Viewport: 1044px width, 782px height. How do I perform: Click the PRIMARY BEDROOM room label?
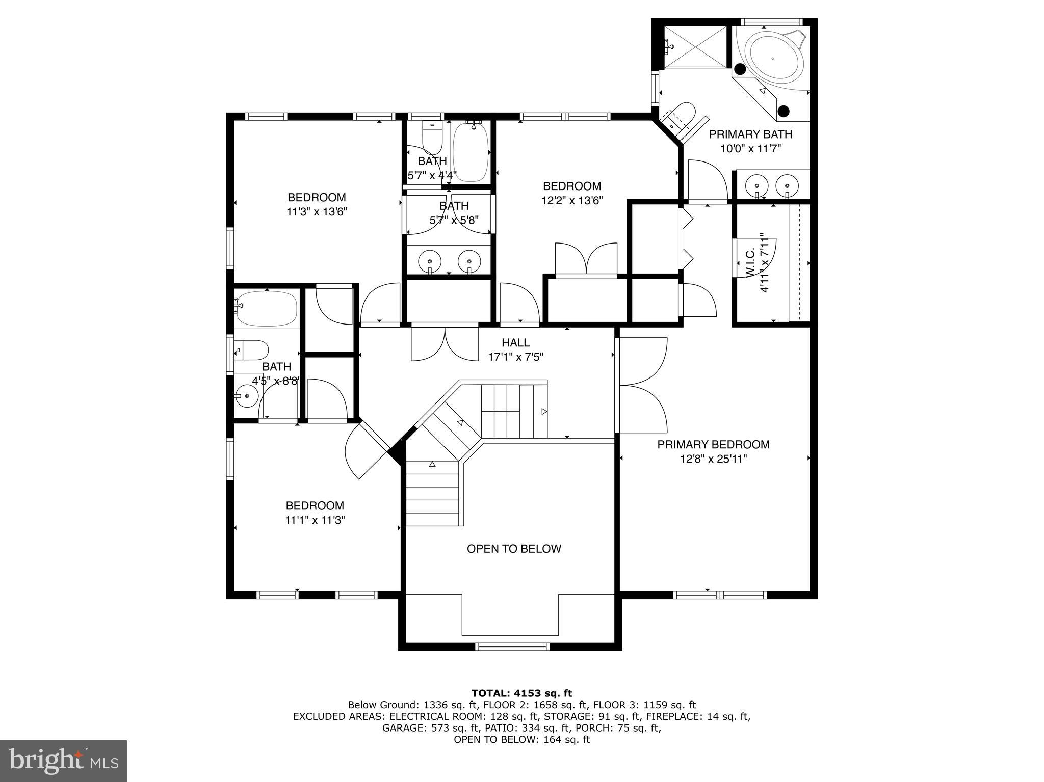coord(713,444)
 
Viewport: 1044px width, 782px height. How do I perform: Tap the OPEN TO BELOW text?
coord(514,549)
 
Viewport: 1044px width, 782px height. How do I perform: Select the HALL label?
coord(515,343)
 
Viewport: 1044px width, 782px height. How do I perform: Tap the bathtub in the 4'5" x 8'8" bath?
coord(266,309)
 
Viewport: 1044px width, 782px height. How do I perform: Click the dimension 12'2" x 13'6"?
coord(572,201)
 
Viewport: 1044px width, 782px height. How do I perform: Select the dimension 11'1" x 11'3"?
coord(315,520)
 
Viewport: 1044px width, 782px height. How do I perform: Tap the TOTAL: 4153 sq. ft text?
coord(521,693)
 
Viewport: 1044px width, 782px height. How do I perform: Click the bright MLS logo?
coord(63,761)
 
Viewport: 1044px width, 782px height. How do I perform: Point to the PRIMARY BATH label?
coord(750,134)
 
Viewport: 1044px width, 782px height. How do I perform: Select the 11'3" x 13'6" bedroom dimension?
coord(317,212)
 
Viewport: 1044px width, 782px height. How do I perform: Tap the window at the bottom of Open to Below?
coord(512,646)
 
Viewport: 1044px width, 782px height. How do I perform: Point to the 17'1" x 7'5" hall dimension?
coord(515,357)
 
